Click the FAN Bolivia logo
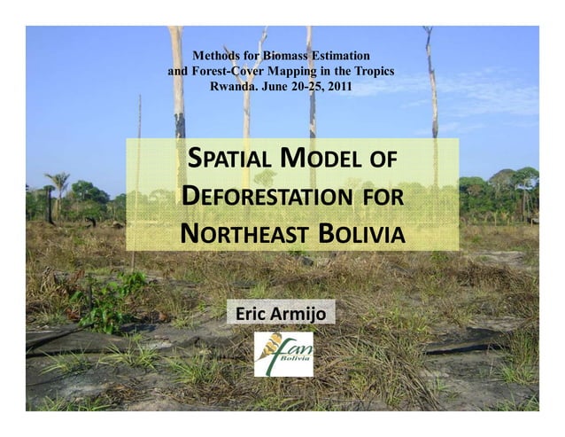(283, 353)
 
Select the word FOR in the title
(383, 200)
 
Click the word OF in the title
(382, 164)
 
